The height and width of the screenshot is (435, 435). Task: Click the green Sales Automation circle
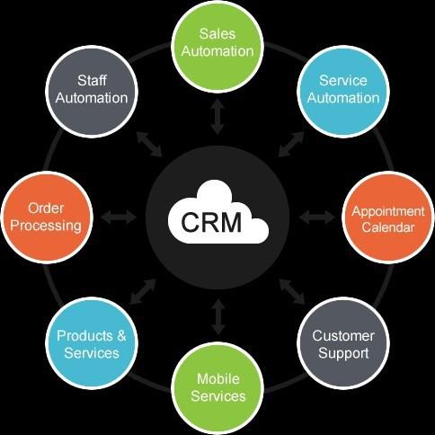point(217,46)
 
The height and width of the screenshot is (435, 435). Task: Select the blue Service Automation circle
point(343,92)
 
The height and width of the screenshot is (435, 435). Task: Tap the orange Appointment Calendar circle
point(388,217)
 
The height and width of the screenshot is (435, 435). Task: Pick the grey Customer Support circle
point(343,343)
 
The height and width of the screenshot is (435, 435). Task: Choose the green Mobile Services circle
point(217,388)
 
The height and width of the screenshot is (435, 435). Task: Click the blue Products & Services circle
point(92,343)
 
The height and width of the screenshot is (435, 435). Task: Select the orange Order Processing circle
point(47,217)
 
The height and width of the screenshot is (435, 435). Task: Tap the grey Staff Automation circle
point(92,92)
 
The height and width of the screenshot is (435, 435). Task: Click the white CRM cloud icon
point(218,212)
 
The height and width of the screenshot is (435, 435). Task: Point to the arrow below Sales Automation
point(217,117)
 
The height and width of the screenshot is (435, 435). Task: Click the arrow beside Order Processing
point(119,217)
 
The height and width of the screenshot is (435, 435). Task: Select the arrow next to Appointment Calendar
point(317,217)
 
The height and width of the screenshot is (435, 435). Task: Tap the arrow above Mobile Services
point(218,316)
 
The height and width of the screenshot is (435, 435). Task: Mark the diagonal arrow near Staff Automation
point(149,144)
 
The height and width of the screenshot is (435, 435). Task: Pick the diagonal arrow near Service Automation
point(291,144)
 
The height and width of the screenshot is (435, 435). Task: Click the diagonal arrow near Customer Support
point(292,291)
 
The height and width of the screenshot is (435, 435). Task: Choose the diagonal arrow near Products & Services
point(143,291)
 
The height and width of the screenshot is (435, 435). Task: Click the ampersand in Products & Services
point(121,336)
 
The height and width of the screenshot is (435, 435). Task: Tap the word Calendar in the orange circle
point(388,227)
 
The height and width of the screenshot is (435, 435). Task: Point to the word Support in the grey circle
point(343,353)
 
